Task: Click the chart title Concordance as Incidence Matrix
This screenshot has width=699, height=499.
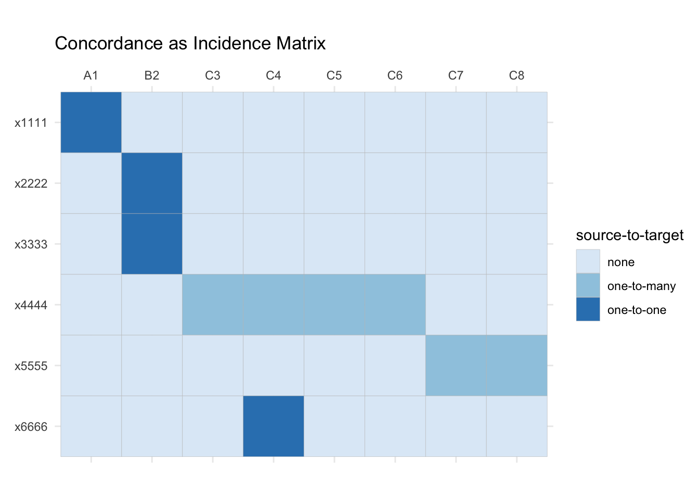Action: [190, 43]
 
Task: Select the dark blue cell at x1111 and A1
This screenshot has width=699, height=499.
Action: [91, 122]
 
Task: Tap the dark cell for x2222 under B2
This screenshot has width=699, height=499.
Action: [152, 183]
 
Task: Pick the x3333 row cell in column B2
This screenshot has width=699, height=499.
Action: [152, 244]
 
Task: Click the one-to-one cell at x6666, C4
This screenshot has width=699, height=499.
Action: [274, 426]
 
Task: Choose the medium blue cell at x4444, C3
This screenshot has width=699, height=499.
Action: [213, 305]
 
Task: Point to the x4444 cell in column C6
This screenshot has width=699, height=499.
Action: [395, 305]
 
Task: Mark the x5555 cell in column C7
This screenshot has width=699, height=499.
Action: [456, 365]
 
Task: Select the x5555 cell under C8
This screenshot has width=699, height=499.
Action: [517, 365]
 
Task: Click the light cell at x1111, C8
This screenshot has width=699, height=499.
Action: [517, 122]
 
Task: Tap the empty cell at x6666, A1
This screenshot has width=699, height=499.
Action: [91, 426]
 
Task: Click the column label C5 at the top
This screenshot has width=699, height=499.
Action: [334, 75]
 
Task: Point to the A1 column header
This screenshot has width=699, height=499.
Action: [91, 75]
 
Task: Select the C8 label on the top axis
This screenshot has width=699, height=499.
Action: [517, 75]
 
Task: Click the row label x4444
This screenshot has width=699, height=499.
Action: [31, 305]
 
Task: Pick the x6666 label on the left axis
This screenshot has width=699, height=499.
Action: [31, 427]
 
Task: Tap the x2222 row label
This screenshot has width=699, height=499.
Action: [31, 183]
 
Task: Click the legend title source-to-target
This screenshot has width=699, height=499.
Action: [629, 235]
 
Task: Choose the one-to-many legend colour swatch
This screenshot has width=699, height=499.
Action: [588, 285]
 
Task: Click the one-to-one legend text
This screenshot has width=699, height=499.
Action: [637, 310]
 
